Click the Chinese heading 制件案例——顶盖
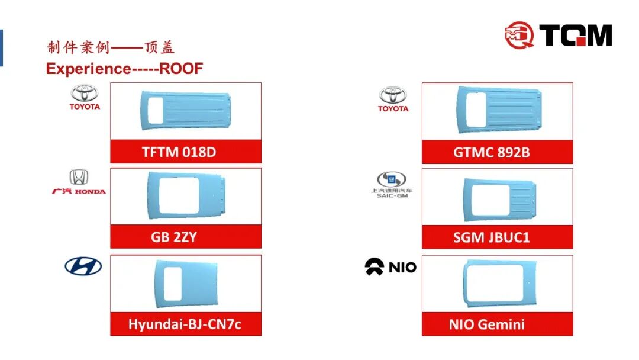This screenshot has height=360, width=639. click(111, 47)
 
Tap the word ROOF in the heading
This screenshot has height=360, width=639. click(181, 69)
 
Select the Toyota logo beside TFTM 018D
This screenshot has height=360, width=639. click(85, 97)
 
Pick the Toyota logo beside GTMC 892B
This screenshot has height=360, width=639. click(393, 99)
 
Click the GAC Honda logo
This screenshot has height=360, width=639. click(79, 182)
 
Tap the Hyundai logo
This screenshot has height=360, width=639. click(83, 266)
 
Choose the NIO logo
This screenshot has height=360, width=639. click(390, 267)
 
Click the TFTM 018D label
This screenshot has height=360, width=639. click(186, 152)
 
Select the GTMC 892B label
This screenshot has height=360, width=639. click(497, 152)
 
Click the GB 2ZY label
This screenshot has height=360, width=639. click(186, 237)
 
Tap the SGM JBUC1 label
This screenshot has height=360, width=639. click(497, 237)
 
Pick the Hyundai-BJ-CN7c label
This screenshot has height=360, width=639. click(186, 324)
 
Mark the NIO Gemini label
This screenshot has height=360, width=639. click(497, 324)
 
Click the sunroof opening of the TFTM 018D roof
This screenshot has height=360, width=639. click(156, 111)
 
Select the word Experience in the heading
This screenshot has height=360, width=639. click(88, 69)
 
